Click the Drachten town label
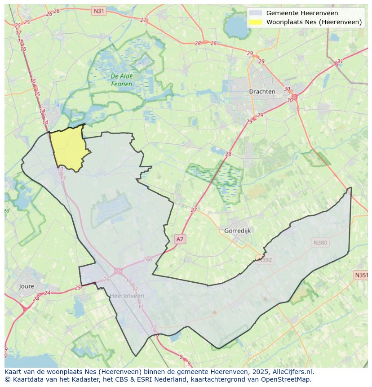click(x=262, y=91)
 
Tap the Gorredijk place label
click(x=237, y=231)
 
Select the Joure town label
click(x=27, y=286)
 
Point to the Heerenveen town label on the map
click(x=127, y=296)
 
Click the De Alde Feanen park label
click(x=122, y=80)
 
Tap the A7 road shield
click(x=180, y=239)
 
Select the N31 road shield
click(x=98, y=10)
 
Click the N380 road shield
click(x=320, y=243)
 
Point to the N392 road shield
click(x=264, y=259)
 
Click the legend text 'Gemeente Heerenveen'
click(x=302, y=13)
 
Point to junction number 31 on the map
click(x=340, y=62)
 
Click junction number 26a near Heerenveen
click(x=147, y=259)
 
